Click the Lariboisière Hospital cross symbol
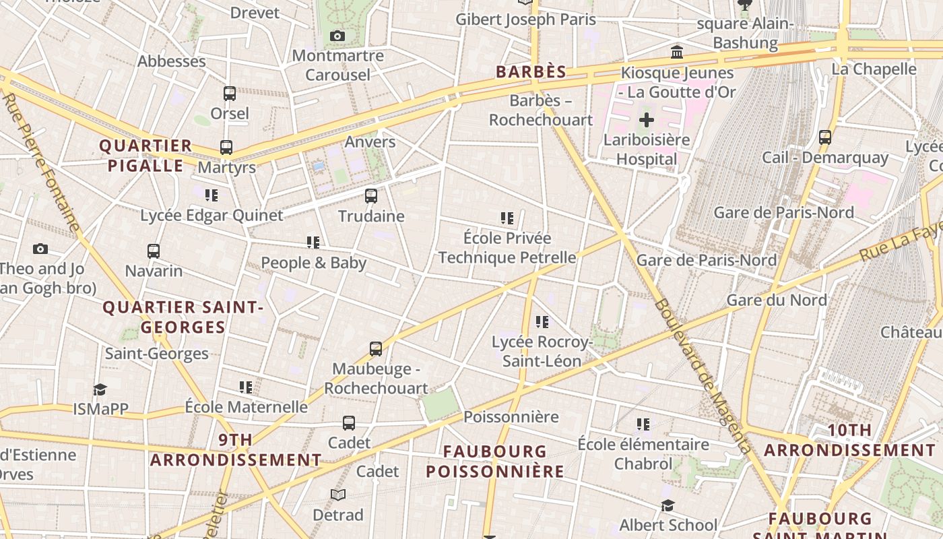coord(646,121)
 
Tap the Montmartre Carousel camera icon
coord(337,36)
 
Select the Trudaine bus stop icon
coord(370,196)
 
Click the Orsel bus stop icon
coord(230,94)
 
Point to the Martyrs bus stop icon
coord(226,148)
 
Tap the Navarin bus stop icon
coord(154,251)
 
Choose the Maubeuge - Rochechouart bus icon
coord(376,349)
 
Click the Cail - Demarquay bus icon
coord(825,137)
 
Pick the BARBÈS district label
coord(531,71)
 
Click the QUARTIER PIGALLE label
coord(145,156)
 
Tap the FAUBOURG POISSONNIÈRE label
coord(495,461)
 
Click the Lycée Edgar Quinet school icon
coord(212,195)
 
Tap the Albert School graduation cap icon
coord(668,505)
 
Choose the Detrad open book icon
coord(338,495)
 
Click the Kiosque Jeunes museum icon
coord(677,52)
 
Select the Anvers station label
coord(370,141)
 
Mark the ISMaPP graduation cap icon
coord(100,389)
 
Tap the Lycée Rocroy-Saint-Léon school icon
coord(542,322)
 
